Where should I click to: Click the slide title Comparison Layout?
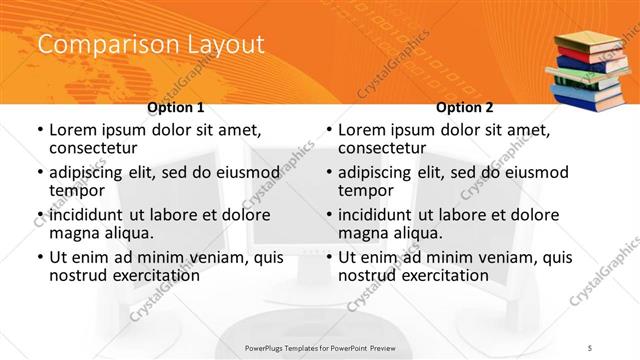click(151, 45)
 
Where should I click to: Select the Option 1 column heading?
click(175, 107)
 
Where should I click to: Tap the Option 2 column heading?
click(465, 107)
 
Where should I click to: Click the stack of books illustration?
click(591, 70)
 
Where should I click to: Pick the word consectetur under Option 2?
click(385, 148)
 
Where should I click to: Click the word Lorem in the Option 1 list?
click(74, 130)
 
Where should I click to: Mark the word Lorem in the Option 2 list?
click(363, 130)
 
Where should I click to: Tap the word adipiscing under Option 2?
click(378, 172)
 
